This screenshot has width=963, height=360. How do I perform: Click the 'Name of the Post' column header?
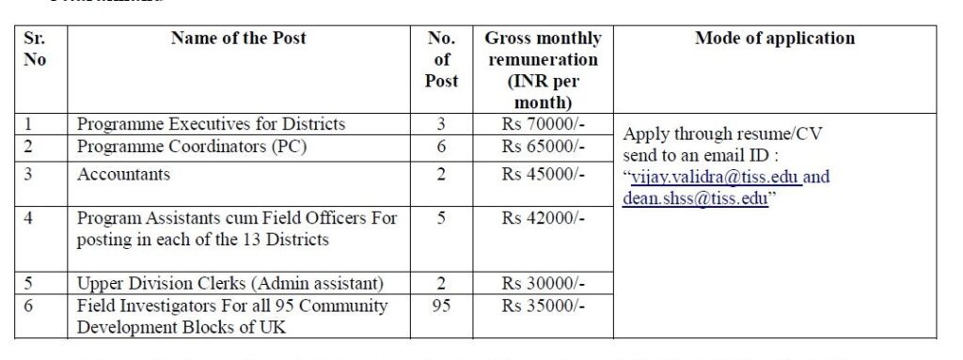[238, 39]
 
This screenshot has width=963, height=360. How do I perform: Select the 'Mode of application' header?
[775, 39]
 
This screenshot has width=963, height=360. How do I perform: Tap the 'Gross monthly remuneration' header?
[543, 70]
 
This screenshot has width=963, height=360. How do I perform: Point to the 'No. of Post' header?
[441, 60]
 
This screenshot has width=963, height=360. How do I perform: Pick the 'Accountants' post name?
[123, 175]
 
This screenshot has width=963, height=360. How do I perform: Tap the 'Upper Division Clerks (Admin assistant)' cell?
[230, 284]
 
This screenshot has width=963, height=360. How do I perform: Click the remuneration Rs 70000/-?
[543, 124]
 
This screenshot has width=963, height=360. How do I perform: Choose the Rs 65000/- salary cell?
[543, 147]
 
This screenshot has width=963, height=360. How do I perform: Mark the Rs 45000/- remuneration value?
[543, 175]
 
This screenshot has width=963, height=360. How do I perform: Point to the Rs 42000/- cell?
[543, 218]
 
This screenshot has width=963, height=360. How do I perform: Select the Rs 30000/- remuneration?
[543, 284]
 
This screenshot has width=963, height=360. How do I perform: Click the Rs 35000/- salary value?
[543, 306]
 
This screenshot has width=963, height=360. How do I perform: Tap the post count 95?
[441, 306]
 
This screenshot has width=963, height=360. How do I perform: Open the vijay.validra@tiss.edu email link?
[703, 177]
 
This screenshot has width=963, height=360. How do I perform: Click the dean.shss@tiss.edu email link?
[693, 198]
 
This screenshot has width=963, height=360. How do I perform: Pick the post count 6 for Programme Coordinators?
[441, 147]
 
